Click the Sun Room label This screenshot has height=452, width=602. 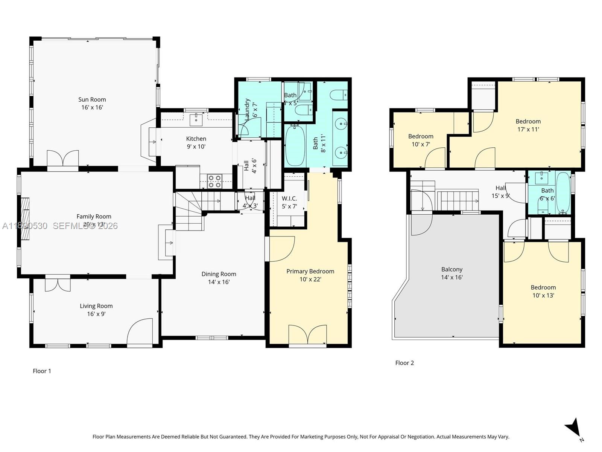(92, 99)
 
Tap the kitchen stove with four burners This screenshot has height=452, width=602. (215, 181)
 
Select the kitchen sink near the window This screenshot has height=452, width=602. (196, 120)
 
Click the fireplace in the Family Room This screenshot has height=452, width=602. (25, 219)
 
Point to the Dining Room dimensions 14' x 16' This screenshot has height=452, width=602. (219, 282)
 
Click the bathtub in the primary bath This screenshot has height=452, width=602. (295, 145)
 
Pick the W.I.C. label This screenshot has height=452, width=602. (289, 199)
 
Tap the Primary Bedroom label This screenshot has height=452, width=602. (310, 271)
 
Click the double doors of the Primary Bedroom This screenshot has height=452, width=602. (307, 334)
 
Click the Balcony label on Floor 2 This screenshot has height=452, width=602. (451, 269)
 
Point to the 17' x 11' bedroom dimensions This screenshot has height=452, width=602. (528, 129)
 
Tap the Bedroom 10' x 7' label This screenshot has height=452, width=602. (421, 136)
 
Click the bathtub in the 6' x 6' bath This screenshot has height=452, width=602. (563, 192)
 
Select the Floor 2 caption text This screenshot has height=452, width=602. (404, 363)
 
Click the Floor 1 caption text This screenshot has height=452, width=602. (42, 371)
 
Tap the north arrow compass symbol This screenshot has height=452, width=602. (573, 428)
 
